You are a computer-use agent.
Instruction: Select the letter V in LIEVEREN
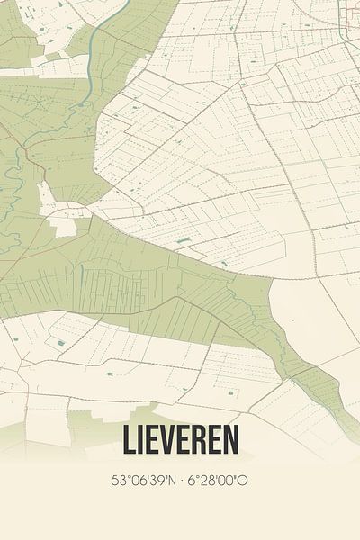[x=165, y=441]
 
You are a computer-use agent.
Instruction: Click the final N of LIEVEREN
[x=231, y=441]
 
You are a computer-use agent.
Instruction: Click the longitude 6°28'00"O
[x=216, y=481]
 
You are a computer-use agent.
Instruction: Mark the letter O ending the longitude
[x=243, y=481]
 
